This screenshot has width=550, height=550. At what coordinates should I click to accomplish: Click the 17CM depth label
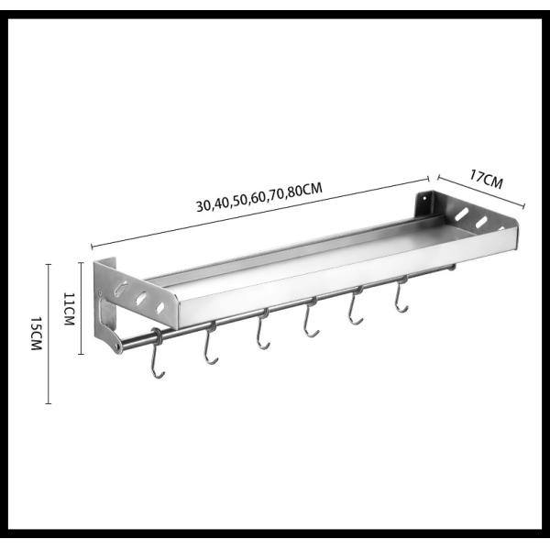tap(482, 180)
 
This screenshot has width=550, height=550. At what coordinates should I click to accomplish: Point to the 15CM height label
tap(36, 333)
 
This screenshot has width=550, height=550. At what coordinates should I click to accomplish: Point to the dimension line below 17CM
tap(478, 192)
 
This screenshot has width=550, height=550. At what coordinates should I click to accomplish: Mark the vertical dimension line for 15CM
tap(49, 333)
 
